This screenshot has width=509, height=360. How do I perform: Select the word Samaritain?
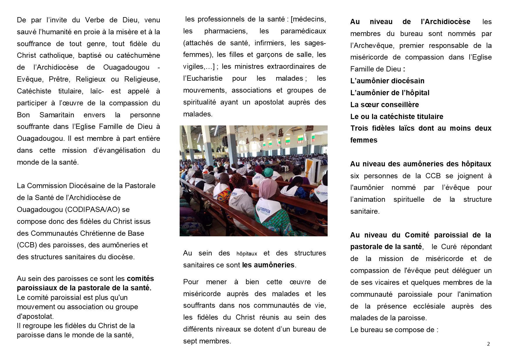[x=57, y=115]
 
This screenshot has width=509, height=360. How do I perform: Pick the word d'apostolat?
[x=35, y=316]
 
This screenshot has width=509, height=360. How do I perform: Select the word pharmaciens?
[x=226, y=31]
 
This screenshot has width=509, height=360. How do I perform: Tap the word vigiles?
[x=194, y=66]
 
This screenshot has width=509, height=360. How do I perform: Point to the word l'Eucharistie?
[x=203, y=78]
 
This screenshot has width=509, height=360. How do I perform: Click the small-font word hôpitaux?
[x=247, y=254]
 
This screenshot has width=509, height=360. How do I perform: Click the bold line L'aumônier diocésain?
[x=387, y=81]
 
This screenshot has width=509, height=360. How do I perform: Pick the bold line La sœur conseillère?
[x=385, y=105]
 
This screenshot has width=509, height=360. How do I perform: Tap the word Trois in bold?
[x=359, y=128]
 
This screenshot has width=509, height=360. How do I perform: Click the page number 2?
[x=488, y=344]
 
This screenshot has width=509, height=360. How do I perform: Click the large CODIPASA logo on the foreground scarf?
[x=263, y=209]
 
